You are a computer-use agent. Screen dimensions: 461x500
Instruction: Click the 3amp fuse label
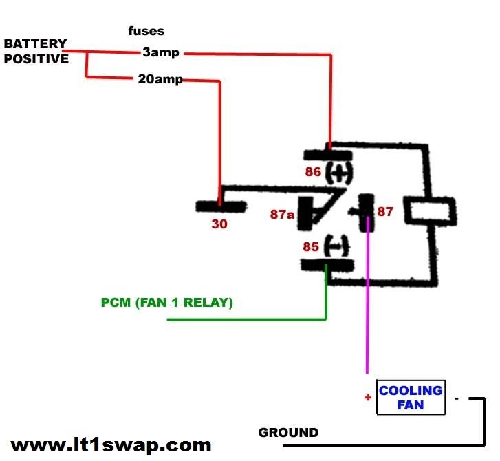point(161,52)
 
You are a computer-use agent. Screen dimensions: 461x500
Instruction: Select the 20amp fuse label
point(160,79)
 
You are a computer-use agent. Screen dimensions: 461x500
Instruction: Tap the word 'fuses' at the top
point(146,31)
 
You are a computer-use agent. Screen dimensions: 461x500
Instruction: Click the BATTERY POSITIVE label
point(36,52)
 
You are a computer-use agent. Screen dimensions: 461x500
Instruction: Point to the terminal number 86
point(313,171)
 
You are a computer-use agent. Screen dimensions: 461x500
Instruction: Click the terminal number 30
point(219,224)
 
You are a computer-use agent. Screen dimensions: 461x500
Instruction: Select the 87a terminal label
point(282,215)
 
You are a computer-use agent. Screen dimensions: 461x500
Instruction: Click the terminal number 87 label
point(385,212)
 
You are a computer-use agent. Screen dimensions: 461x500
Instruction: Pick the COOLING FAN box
point(411,397)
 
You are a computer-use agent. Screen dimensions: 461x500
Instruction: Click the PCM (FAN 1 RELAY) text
point(166,302)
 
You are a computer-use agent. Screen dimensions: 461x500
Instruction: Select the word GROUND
point(288,433)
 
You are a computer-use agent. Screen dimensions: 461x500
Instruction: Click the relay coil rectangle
point(429,211)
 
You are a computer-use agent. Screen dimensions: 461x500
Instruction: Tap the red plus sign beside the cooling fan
point(368,397)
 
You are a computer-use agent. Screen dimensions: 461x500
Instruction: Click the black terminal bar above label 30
point(219,206)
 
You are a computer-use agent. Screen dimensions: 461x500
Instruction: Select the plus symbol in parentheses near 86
point(337,172)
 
